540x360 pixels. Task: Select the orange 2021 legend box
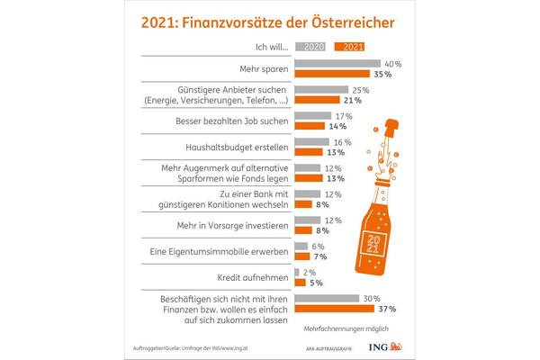click(350, 49)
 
